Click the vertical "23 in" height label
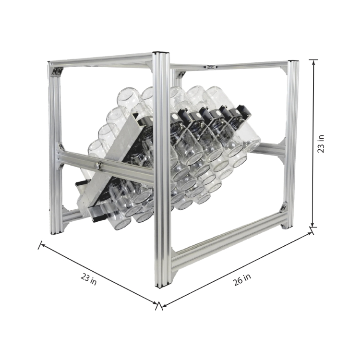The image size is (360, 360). [x=321, y=144]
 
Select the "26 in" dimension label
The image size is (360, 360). [x=242, y=279]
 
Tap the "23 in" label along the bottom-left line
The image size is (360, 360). [x=89, y=279]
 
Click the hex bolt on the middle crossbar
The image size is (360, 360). [x=98, y=165]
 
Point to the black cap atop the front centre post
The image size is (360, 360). [x=162, y=53]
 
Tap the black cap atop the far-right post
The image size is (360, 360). [x=293, y=61]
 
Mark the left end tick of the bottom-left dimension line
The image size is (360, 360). [x=40, y=245]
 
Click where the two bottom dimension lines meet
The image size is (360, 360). [x=159, y=305]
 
